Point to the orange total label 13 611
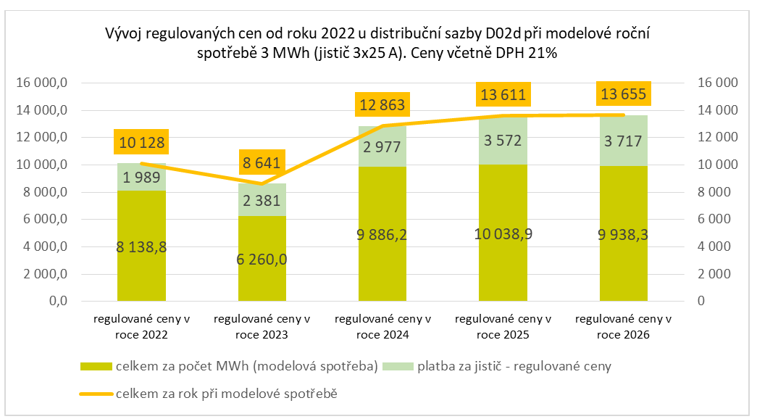tap(503, 94)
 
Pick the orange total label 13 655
tap(623, 94)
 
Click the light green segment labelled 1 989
tap(141, 178)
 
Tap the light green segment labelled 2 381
tap(262, 200)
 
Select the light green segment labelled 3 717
tap(623, 141)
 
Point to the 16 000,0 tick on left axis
tap(41, 83)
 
